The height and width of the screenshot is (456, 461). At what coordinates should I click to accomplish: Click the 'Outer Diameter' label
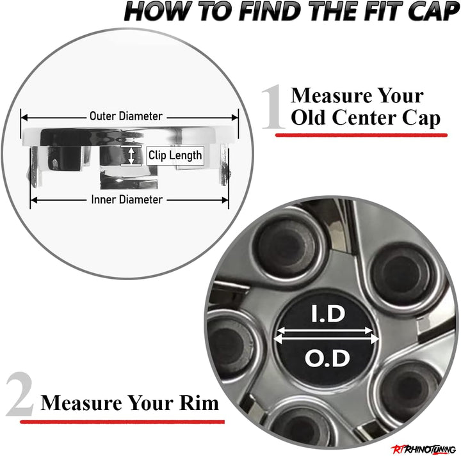pos(126,116)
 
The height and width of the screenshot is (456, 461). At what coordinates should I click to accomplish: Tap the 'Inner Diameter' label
pos(127,200)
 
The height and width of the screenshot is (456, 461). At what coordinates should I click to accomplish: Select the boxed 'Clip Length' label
pos(175,155)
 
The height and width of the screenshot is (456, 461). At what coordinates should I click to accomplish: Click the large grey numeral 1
pos(273,107)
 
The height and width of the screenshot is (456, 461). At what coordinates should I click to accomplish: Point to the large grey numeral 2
pos(20,394)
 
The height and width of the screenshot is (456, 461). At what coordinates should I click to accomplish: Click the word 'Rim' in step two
pos(199,402)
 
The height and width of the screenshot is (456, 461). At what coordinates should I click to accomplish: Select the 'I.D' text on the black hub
pos(328,314)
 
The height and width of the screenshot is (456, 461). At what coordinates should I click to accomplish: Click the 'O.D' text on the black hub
pos(328,358)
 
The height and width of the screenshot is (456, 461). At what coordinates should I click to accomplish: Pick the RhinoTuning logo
pos(423,449)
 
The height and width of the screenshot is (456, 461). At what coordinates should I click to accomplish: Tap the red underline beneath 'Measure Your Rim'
pos(122,422)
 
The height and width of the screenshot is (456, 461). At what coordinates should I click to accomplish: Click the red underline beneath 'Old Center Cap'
pos(361,135)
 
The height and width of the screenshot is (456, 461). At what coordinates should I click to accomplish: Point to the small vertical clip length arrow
pos(131,155)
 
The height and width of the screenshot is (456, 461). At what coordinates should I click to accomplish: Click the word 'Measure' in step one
pos(332,95)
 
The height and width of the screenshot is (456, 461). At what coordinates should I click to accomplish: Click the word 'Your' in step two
pos(150,402)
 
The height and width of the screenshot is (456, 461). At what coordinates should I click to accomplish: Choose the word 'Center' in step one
pos(364,117)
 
